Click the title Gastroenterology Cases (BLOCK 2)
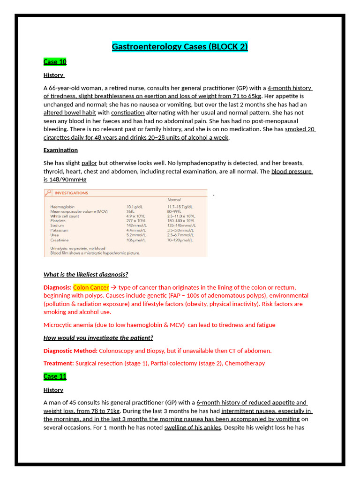tap(180, 46)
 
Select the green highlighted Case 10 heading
tap(55, 62)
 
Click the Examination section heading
tap(60, 150)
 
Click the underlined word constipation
tap(127, 112)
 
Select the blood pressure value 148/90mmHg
tap(65, 180)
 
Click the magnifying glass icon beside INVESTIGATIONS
tap(48, 193)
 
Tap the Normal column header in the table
tap(174, 200)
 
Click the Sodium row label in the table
tap(57, 225)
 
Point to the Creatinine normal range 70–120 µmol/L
tap(180, 240)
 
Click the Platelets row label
tap(58, 221)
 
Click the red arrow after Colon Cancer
tap(113, 287)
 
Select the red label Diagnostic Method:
tap(70, 351)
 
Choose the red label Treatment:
tap(59, 363)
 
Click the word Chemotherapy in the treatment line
tap(245, 363)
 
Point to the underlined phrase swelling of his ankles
tap(192, 427)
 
